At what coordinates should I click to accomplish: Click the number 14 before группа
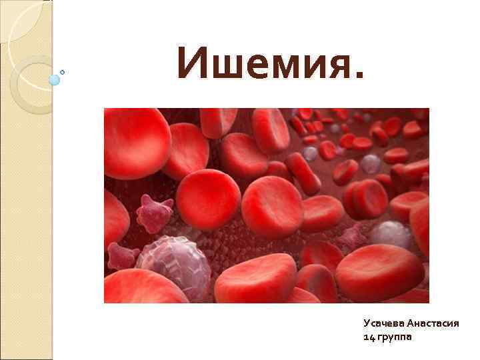coord(369,337)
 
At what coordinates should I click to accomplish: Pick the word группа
coord(395,338)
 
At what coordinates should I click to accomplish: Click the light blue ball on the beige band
coord(55,79)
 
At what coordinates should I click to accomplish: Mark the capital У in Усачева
coord(367,323)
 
